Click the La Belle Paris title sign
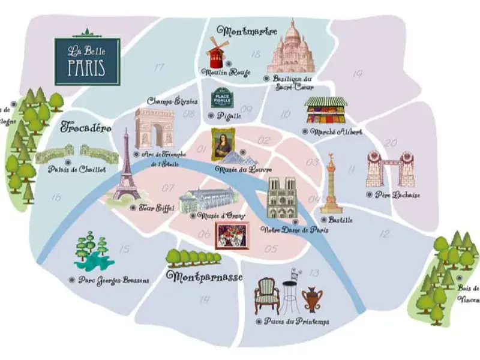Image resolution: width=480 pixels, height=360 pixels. click(87, 61)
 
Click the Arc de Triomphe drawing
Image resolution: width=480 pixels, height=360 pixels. click(154, 128)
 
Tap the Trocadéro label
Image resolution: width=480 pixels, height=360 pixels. click(86, 128)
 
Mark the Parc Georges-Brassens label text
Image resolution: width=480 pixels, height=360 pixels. click(113, 280)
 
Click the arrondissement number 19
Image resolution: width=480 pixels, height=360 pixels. click(357, 74)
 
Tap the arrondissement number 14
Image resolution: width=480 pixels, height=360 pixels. click(205, 299)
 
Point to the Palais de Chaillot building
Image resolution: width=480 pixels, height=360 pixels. click(77, 154)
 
